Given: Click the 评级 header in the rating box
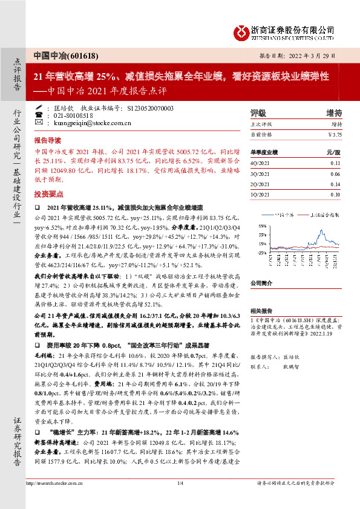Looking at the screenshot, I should click(258, 113).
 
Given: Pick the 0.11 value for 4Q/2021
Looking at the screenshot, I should click(336, 163).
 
